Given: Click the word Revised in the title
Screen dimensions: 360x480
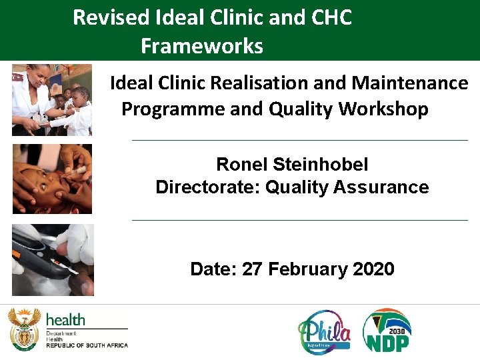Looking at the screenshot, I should [x=110, y=17].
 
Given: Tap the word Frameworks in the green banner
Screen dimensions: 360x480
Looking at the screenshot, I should [x=202, y=46].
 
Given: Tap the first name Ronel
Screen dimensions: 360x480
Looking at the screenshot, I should [x=241, y=164].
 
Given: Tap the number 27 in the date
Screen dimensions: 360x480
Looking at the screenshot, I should [x=253, y=269].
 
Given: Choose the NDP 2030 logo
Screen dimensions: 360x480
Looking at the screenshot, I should [x=387, y=330].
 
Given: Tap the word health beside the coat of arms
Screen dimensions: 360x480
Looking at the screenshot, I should [x=65, y=319].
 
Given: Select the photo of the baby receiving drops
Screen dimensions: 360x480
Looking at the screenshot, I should [x=52, y=179].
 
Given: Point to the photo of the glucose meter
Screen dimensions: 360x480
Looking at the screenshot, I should [x=53, y=259].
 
